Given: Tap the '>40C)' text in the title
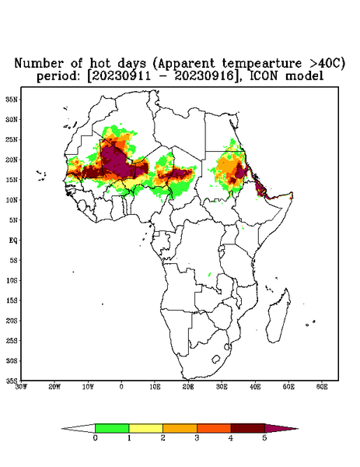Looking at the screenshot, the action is tap(323, 63).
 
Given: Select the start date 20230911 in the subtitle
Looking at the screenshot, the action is tap(121, 76).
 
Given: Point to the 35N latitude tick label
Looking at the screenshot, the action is tap(12, 99).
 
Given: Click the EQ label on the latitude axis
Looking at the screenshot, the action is tap(13, 240).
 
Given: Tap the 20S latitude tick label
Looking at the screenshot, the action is tap(12, 321).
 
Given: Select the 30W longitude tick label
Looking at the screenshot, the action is tap(21, 387).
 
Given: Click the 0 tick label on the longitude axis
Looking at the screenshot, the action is tap(121, 387).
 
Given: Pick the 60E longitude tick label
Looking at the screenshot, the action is tap(322, 387).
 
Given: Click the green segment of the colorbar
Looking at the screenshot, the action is tap(112, 428).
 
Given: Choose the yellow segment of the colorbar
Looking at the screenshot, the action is tap(145, 428).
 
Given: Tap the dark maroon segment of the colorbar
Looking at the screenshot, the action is tap(248, 428).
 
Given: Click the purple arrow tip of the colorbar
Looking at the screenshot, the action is tap(280, 428).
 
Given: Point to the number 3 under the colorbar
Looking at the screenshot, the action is tap(197, 438).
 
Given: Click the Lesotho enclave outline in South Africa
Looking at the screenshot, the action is tap(216, 359).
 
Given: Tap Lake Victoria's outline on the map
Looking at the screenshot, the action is tap(222, 248).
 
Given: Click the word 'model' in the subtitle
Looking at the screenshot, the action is tap(304, 76).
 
